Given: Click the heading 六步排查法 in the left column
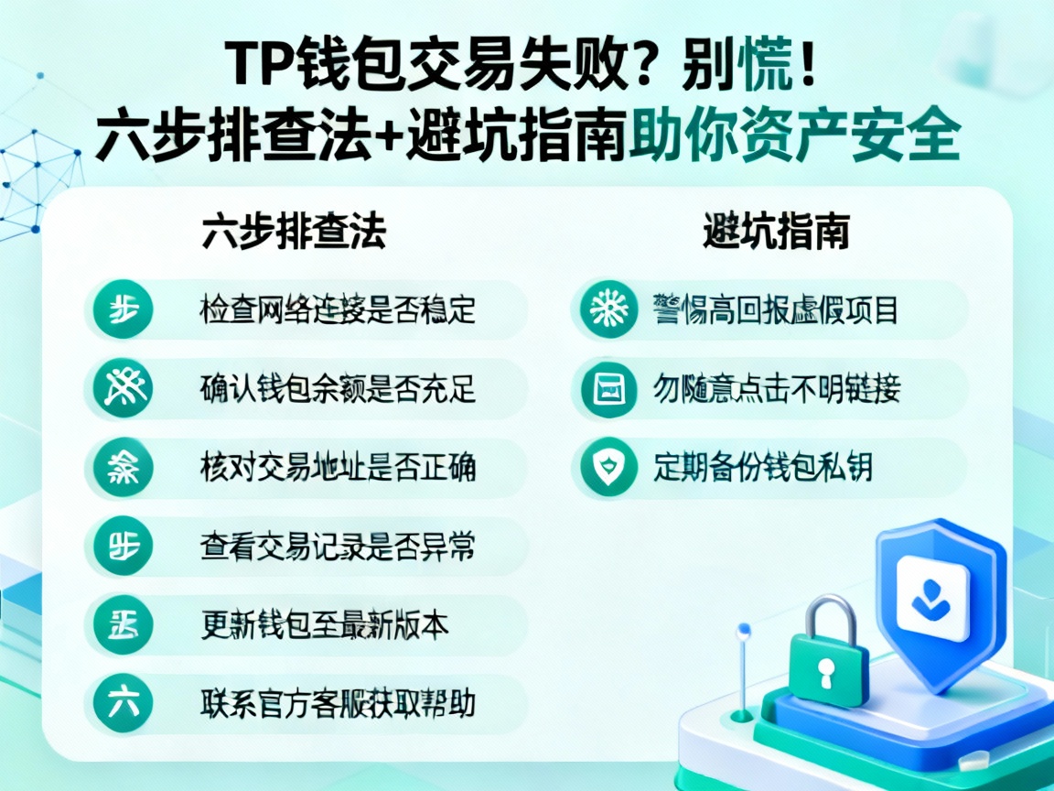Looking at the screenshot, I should pos(293,233).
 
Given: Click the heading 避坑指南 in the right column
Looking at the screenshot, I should pos(776,233).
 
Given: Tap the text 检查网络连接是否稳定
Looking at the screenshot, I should pos(338,310).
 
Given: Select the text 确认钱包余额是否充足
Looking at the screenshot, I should pos(338,389).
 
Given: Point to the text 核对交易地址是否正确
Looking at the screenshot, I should pos(338,468).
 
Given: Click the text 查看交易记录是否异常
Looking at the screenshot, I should pos(338,547).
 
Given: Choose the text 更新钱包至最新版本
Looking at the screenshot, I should pos(325,625).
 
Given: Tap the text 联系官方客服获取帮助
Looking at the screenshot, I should pos(338,704).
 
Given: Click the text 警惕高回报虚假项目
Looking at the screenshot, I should pos(775,310).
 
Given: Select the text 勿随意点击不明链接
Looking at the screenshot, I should pos(777,389).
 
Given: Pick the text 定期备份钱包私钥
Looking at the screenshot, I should pos(763,468).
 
